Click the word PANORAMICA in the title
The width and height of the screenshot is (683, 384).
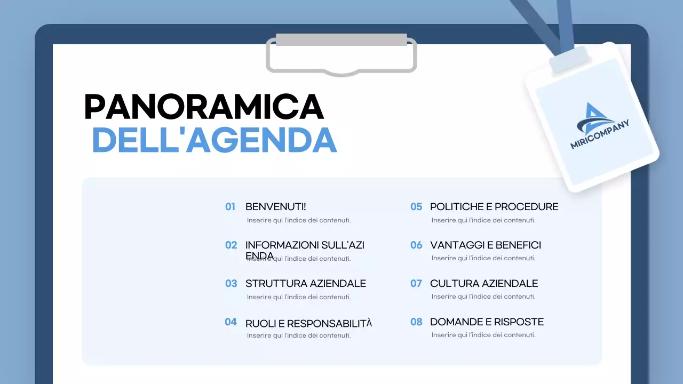point(204,107)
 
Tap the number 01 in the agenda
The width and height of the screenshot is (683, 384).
point(230,207)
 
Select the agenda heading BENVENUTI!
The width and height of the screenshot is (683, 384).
point(275,207)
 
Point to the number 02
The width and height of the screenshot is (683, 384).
point(231,245)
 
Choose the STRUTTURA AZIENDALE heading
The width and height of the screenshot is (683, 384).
point(305,284)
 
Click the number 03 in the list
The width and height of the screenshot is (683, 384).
point(231,284)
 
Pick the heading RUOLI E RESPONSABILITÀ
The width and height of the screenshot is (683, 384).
point(308,323)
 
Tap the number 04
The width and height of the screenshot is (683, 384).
point(231,322)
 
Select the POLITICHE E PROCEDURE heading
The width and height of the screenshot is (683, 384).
point(494,207)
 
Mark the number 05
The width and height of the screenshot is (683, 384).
point(416,207)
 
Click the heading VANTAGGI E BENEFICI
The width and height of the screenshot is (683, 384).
point(485,245)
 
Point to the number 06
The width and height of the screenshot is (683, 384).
point(416,245)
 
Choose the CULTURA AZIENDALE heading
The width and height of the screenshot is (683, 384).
point(483,284)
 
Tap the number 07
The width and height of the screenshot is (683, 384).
point(416,284)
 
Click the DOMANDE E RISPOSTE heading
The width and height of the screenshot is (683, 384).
point(487,322)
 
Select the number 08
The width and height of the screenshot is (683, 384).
point(416,322)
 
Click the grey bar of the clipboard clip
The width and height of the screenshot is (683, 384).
point(341,39)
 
